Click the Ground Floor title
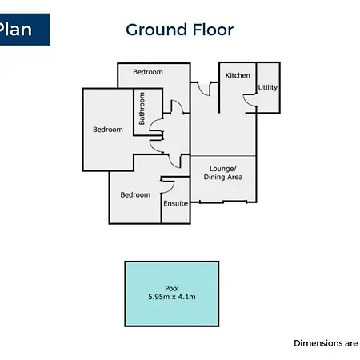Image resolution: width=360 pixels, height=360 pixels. (x=179, y=30)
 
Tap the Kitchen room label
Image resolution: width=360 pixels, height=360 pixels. (x=238, y=75)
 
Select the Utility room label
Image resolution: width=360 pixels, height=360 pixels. (x=268, y=87)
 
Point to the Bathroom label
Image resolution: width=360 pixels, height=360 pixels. (x=142, y=109)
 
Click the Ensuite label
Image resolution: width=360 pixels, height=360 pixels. (x=175, y=203)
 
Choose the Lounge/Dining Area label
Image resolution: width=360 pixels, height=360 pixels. (x=223, y=173)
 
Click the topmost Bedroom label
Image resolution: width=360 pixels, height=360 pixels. (x=148, y=72)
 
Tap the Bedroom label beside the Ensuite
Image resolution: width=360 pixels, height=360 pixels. (x=135, y=195)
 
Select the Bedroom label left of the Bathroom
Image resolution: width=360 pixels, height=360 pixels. (x=108, y=130)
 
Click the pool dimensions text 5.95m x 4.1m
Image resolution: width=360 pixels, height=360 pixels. (x=172, y=297)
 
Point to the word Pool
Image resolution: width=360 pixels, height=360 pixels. (x=172, y=288)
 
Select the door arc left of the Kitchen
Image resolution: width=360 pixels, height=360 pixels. (x=202, y=90)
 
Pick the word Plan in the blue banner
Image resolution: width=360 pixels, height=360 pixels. (x=15, y=30)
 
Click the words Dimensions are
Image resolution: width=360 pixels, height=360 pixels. (x=326, y=343)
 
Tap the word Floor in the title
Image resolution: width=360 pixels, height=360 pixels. (x=213, y=30)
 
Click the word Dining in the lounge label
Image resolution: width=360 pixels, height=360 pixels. (x=213, y=178)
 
